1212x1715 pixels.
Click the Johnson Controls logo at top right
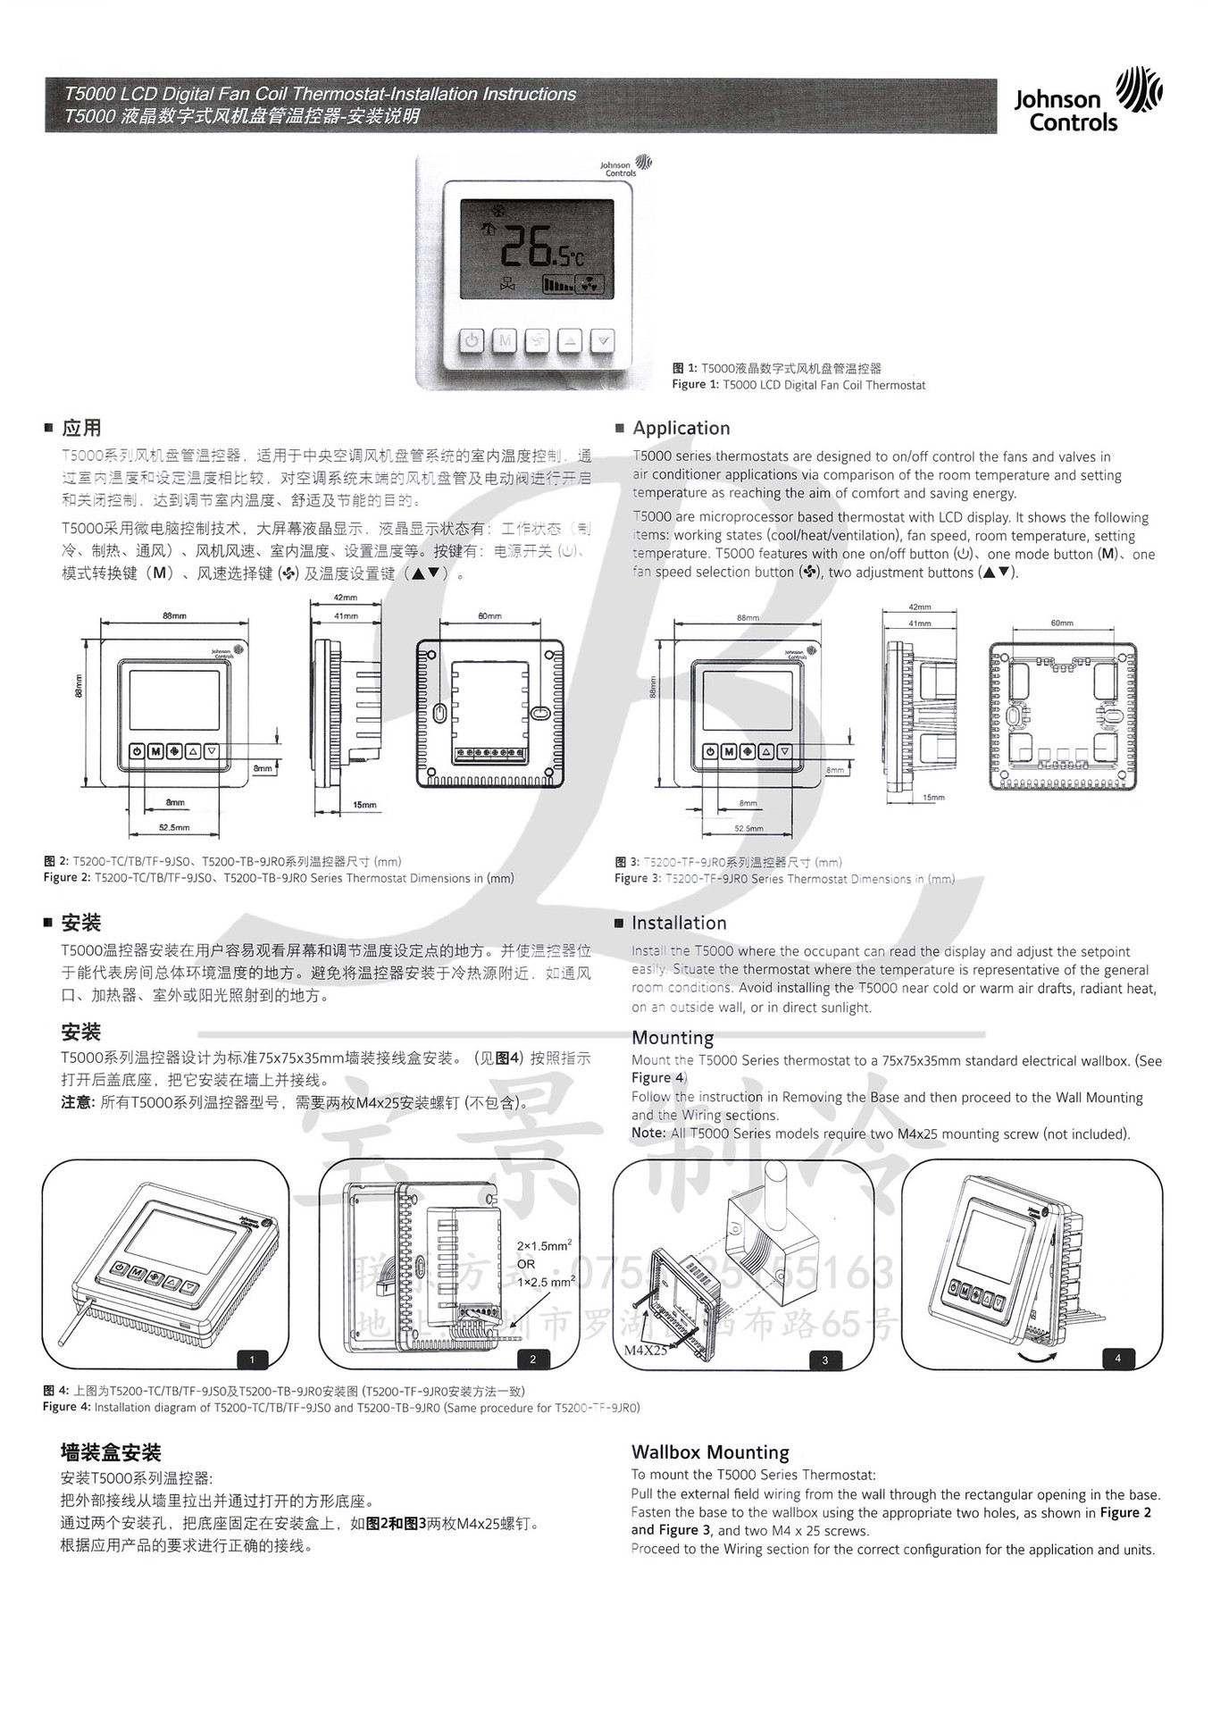(x=1087, y=101)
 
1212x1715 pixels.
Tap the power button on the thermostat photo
(x=472, y=340)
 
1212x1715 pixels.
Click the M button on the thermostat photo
(x=505, y=340)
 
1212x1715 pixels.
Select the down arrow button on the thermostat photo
(x=604, y=340)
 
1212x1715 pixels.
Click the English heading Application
(x=681, y=428)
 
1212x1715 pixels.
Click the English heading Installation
(x=679, y=923)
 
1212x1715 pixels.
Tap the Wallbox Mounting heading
(x=710, y=1452)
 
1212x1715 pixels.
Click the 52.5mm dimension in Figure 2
(x=174, y=827)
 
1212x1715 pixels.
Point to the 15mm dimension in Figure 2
(x=364, y=805)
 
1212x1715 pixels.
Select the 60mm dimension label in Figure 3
(x=1062, y=623)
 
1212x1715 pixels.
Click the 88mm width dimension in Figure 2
(x=175, y=616)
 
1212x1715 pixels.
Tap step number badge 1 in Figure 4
(x=252, y=1359)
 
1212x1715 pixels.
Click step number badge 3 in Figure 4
(x=824, y=1360)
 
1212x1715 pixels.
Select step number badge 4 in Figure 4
(x=1117, y=1359)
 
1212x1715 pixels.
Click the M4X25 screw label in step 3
(x=645, y=1351)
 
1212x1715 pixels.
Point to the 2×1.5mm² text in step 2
(x=544, y=1245)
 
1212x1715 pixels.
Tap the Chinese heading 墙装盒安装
(x=111, y=1452)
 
